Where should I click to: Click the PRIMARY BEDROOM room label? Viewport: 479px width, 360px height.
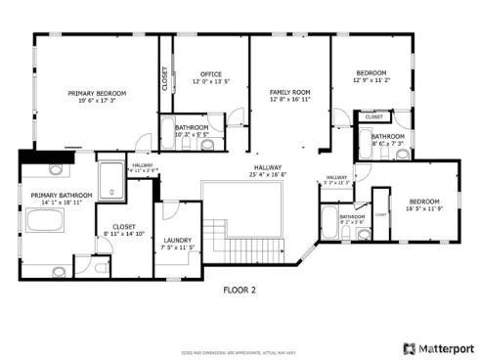[x=92, y=93]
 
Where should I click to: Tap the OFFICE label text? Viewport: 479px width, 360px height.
[x=212, y=74]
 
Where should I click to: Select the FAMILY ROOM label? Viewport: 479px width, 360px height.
[x=289, y=92]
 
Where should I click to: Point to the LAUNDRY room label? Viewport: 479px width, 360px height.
[x=177, y=240]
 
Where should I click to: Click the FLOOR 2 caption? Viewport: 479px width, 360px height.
[x=239, y=290]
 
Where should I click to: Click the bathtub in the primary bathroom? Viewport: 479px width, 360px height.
[x=45, y=221]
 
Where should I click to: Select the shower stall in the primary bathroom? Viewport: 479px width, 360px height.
[x=112, y=176]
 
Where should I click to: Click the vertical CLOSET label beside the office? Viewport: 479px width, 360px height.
[x=164, y=78]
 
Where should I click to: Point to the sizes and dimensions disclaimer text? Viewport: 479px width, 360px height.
[x=239, y=349]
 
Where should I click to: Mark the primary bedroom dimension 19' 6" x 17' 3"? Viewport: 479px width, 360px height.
[x=92, y=100]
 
